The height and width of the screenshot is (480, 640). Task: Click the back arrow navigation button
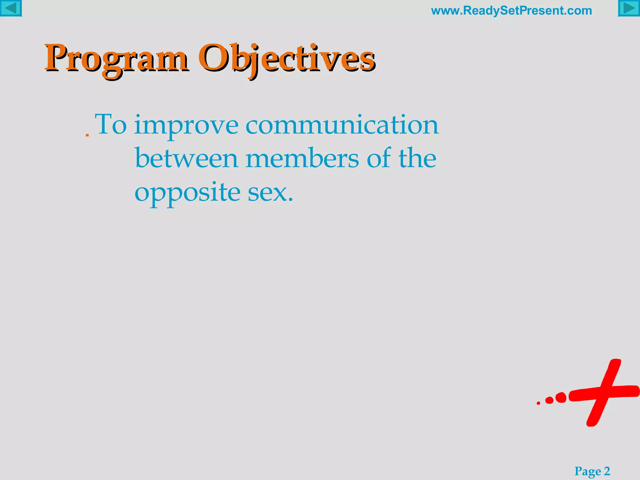(x=11, y=8)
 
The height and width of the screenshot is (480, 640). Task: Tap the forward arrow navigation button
(x=629, y=8)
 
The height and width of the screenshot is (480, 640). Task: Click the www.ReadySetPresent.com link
(x=511, y=11)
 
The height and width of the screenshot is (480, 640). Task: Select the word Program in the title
(x=116, y=58)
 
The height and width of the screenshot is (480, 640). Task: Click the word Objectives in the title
(x=286, y=58)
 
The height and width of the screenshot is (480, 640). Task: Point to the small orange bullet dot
(x=87, y=135)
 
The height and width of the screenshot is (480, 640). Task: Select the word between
(x=187, y=158)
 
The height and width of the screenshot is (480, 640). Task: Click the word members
(x=302, y=158)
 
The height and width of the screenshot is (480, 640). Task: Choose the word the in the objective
(x=417, y=158)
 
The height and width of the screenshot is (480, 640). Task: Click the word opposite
(x=187, y=193)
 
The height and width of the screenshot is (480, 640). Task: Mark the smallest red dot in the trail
(x=538, y=403)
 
